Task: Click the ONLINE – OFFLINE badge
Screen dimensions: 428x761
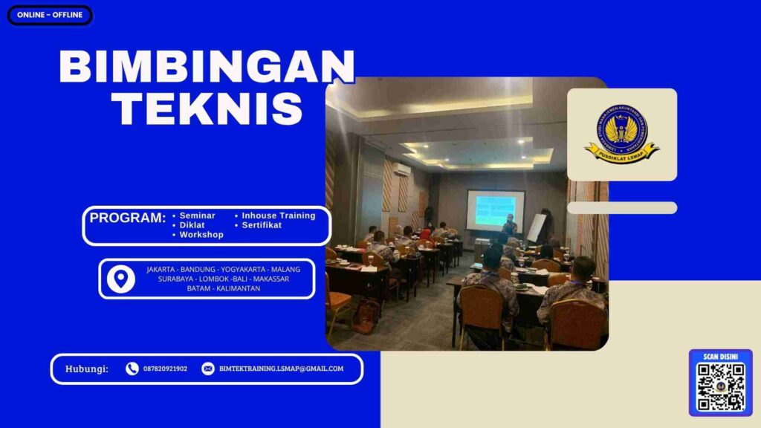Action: pos(50,15)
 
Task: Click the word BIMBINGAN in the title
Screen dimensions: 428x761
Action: pos(207,68)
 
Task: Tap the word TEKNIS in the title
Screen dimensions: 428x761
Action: pos(210,109)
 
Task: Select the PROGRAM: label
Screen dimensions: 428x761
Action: pos(128,218)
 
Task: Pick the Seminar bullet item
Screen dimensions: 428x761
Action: pos(197,215)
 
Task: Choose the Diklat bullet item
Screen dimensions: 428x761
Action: pos(192,225)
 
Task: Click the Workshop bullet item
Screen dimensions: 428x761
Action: pos(201,235)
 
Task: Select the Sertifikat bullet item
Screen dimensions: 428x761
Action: pos(262,225)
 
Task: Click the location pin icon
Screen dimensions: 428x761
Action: pos(120,279)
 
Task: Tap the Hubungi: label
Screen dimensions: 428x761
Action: pos(87,369)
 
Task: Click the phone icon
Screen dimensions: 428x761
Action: pos(132,369)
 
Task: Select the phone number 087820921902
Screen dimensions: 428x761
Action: pos(165,369)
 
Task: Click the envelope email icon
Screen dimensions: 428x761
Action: pos(208,369)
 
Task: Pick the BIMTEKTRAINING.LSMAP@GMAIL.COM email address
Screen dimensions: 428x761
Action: pos(281,369)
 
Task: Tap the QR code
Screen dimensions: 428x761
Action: pos(720,386)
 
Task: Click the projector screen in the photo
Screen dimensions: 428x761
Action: pos(495,210)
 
